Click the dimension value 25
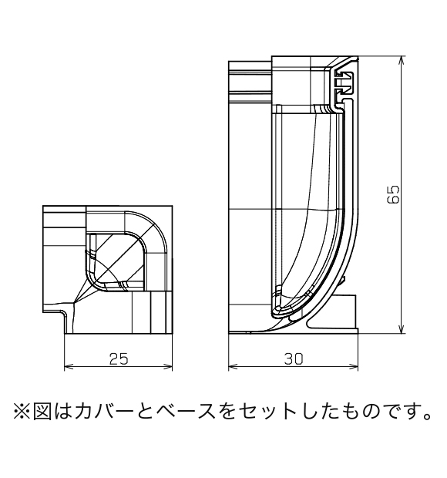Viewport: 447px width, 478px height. [119, 359]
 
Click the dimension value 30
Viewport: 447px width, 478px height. [294, 359]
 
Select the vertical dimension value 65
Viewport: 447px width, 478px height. [393, 194]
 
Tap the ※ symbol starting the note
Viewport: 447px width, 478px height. [22, 411]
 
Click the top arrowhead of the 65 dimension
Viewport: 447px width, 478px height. [402, 60]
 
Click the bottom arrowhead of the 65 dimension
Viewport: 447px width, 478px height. [402, 329]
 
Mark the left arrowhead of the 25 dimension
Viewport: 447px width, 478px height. [69, 367]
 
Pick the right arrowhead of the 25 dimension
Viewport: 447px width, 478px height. [168, 367]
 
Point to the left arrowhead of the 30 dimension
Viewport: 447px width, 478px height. [233, 367]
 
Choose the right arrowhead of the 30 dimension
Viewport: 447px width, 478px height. [354, 367]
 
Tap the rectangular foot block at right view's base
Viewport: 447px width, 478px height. [344, 311]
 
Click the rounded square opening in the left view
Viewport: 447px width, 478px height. [115, 261]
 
